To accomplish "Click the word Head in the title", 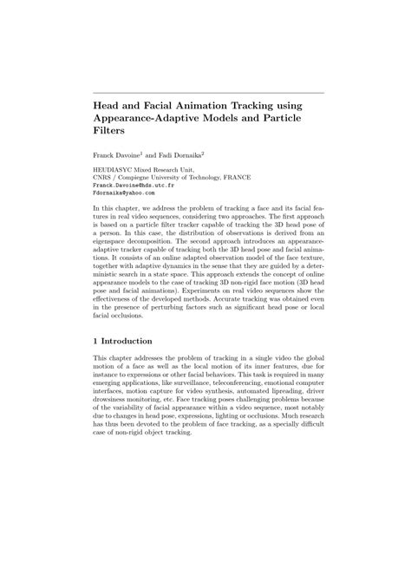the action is click(x=108, y=104).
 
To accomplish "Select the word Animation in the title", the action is click(x=212, y=104).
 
